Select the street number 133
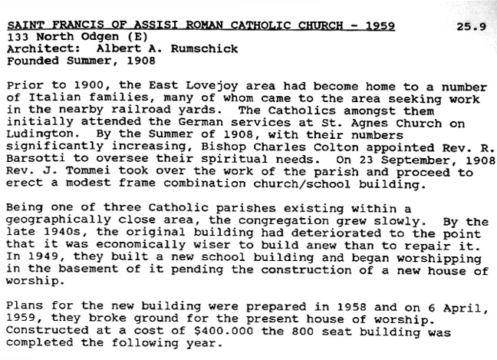(17, 36)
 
